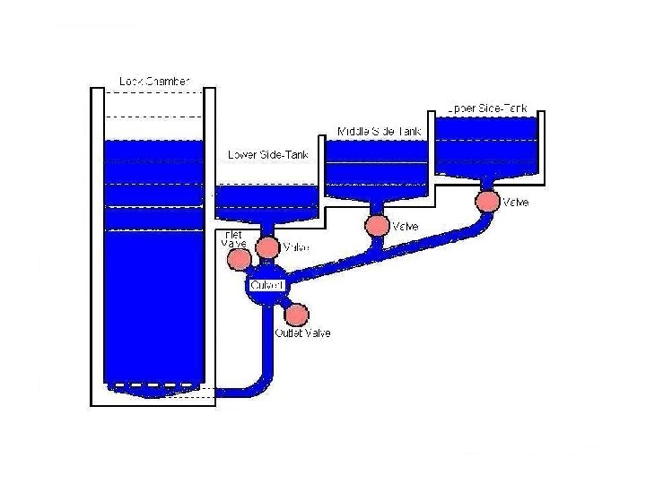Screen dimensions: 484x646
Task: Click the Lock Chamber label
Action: (154, 82)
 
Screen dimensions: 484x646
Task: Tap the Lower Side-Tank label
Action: (268, 154)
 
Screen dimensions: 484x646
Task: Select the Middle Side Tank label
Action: (380, 131)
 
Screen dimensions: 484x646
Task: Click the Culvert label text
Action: (267, 285)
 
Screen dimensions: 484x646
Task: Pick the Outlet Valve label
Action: (302, 333)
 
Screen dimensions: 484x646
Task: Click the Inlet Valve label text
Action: (233, 238)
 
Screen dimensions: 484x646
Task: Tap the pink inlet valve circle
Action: (239, 259)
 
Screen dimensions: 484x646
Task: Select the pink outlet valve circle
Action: (296, 314)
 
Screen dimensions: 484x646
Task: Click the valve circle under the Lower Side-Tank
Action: (267, 246)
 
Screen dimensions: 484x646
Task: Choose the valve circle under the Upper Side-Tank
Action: (487, 201)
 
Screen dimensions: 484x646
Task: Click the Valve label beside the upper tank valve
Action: (516, 203)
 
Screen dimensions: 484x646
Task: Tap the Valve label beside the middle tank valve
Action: (406, 227)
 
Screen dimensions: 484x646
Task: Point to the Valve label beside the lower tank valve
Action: (295, 247)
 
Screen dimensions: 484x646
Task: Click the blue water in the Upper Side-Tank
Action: (487, 148)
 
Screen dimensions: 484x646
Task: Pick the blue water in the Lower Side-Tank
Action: (267, 203)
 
